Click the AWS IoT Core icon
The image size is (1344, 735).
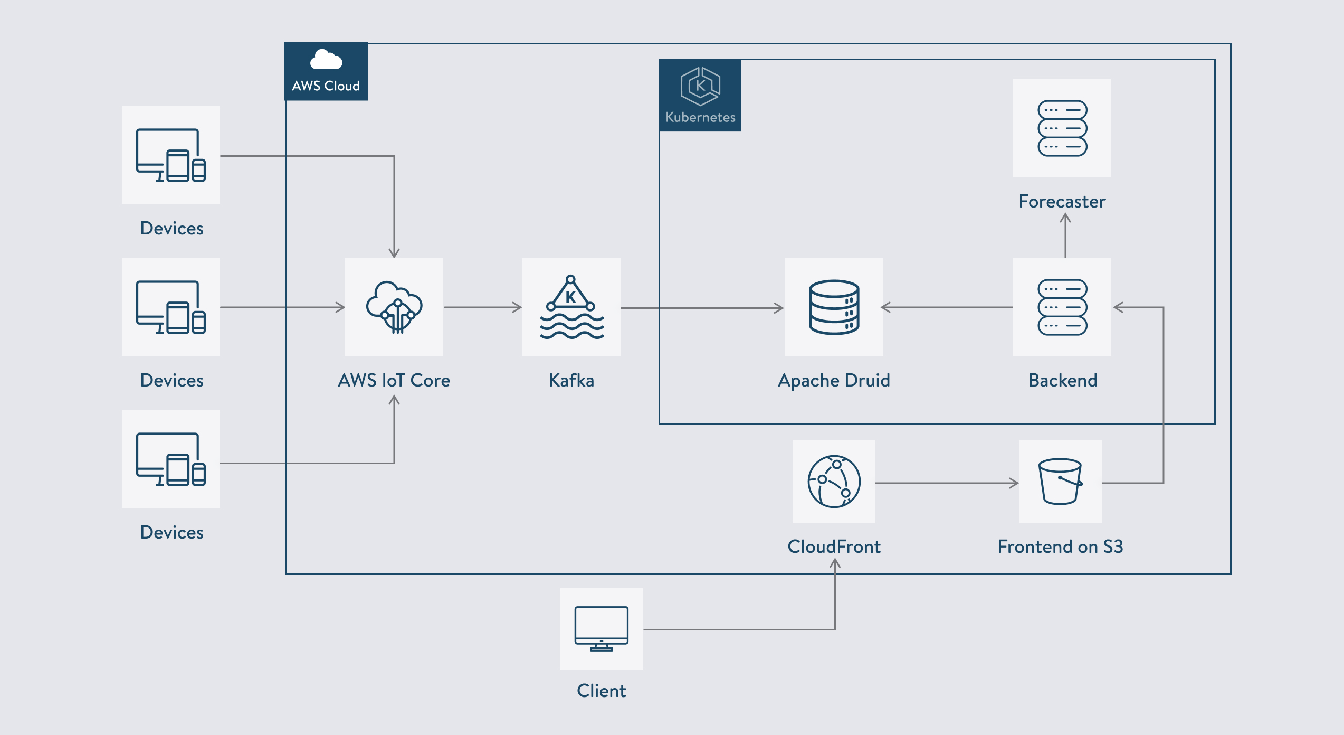point(394,307)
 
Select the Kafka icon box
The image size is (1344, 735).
point(571,307)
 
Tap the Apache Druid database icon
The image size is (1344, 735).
point(834,307)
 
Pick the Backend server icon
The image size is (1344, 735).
point(1062,307)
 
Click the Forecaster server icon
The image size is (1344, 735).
point(1062,128)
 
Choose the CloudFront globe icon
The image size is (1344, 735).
point(834,482)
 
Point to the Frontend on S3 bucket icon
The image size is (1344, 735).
point(1061,482)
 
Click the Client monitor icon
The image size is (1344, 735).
point(602,629)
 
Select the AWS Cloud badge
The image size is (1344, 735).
point(326,71)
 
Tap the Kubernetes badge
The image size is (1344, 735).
point(700,95)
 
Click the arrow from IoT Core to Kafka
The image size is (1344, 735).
point(483,307)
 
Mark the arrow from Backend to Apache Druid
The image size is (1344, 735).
point(947,307)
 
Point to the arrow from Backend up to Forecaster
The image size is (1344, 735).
point(1065,235)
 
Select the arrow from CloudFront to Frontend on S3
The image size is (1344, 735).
point(947,483)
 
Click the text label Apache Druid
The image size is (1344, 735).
point(834,381)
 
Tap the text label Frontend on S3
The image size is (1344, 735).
point(1061,546)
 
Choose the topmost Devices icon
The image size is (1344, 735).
point(171,155)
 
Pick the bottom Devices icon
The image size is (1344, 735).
point(171,459)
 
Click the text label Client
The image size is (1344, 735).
point(602,691)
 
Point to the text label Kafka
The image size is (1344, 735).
point(571,381)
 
